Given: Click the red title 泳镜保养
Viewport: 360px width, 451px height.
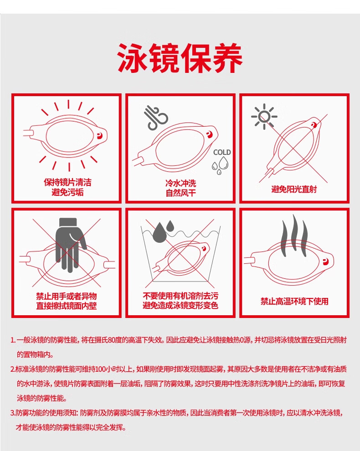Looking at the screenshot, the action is [180, 58].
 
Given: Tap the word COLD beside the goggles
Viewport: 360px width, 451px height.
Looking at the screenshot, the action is [222, 152].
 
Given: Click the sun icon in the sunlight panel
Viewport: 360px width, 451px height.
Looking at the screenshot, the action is [264, 117].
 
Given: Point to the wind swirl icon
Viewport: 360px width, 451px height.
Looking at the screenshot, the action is [156, 118].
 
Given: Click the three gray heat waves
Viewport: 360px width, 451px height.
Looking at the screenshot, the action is [294, 236].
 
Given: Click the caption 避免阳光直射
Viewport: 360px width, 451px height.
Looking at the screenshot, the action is [294, 189].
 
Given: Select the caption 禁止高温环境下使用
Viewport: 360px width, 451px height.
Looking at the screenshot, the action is [294, 301].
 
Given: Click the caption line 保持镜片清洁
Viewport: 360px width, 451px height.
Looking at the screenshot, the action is [67, 182].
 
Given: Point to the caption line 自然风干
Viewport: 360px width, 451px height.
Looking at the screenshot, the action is [181, 192].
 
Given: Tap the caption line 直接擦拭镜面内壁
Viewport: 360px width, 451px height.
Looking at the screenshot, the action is [66, 306].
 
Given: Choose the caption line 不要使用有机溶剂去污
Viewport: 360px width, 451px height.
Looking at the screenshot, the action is [180, 295].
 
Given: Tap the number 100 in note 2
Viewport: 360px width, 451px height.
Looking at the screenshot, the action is [100, 369].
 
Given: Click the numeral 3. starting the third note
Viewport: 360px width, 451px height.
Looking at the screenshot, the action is [13, 413].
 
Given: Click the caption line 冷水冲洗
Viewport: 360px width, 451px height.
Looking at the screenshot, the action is [181, 183].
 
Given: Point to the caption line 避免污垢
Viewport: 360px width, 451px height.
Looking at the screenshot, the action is [67, 192].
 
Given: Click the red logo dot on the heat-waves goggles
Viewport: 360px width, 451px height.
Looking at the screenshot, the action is [325, 261].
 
